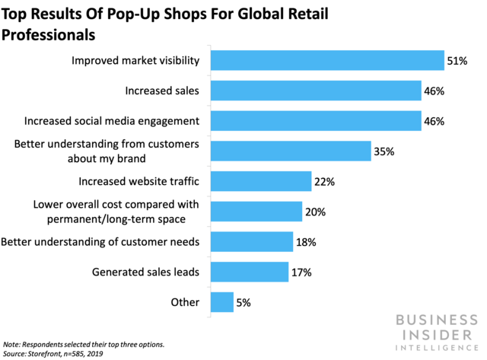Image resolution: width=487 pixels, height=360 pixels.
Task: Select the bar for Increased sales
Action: coord(316,91)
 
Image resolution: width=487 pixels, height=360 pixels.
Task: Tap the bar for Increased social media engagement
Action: coord(316,120)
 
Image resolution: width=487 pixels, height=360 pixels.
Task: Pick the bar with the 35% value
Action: coord(291,151)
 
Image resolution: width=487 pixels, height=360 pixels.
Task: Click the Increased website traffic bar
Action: coord(261,181)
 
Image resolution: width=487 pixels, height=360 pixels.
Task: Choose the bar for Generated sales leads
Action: coord(250,272)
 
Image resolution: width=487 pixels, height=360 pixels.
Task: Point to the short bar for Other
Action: coord(222,302)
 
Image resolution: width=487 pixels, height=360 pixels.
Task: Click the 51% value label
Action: coord(457,60)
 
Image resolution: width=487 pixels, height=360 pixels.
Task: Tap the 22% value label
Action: coord(324,181)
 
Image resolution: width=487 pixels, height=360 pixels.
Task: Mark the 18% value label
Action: coord(306,242)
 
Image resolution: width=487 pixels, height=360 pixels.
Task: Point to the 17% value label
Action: coord(301,272)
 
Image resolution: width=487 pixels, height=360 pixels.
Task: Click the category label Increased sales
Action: coord(162,91)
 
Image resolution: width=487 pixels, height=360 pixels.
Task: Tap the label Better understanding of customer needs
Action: coord(100,242)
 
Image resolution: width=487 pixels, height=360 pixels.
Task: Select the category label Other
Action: coord(185,302)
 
